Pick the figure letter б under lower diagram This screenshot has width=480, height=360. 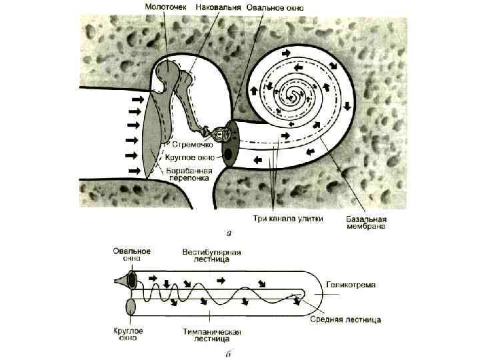point(228,354)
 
